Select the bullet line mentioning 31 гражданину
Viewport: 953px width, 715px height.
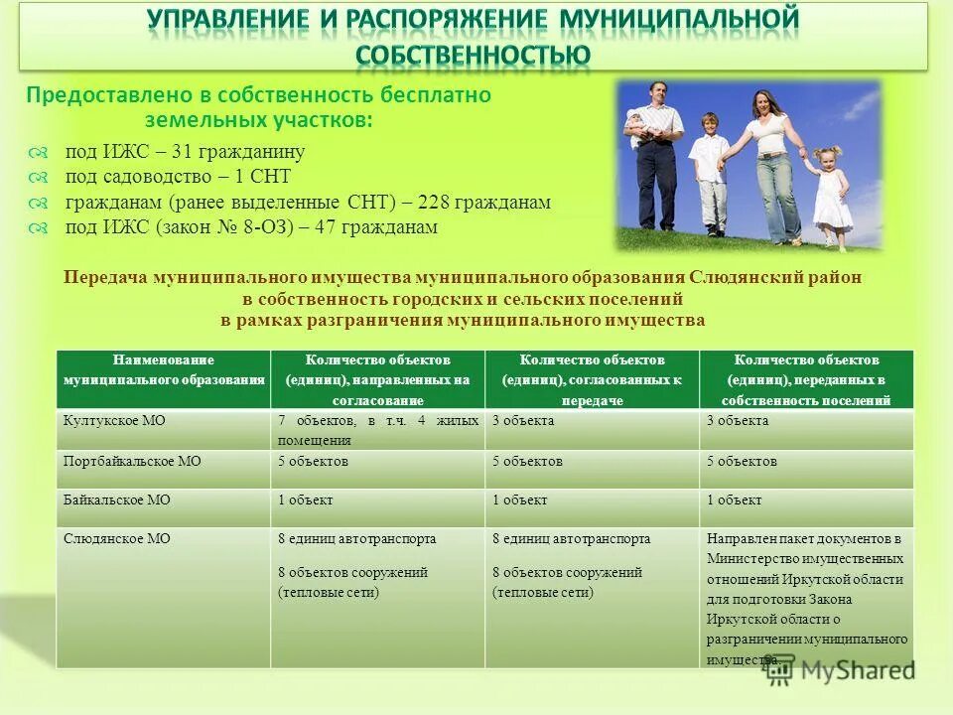[x=185, y=152]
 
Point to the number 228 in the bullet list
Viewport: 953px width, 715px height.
[x=435, y=203]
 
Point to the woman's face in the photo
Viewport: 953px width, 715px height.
[x=761, y=102]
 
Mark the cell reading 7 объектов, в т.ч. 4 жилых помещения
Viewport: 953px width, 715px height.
[x=377, y=430]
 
